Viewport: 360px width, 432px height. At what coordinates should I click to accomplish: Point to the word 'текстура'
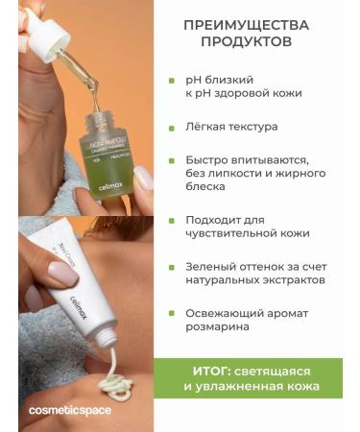click(x=252, y=126)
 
